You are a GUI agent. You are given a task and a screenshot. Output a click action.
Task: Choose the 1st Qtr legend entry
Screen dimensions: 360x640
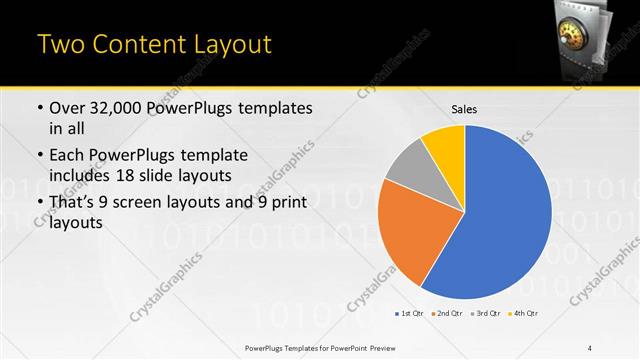pos(411,314)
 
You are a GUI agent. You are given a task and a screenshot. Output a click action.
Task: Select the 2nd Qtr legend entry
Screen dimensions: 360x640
pos(447,314)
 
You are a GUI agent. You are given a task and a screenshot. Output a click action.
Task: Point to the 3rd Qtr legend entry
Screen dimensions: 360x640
pos(485,314)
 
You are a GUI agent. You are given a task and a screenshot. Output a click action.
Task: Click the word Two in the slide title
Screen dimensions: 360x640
pos(59,45)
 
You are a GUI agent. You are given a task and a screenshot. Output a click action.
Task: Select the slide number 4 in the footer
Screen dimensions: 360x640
pos(591,347)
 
